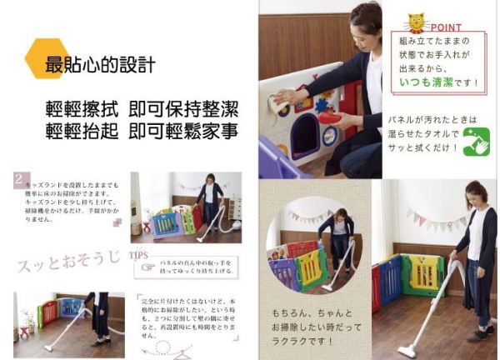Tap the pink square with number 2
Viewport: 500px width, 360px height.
click(x=18, y=178)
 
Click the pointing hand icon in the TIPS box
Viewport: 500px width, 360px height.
click(x=147, y=267)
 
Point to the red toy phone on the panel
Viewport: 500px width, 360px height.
click(x=328, y=117)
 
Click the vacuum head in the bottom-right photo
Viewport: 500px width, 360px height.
click(x=407, y=350)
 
